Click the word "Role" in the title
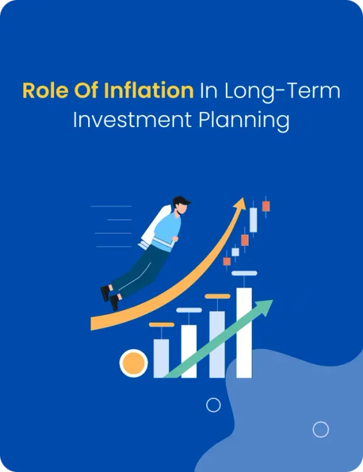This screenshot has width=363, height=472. click(x=42, y=91)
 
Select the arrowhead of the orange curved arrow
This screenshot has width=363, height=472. click(x=240, y=204)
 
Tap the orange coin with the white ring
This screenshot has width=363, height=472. click(x=133, y=363)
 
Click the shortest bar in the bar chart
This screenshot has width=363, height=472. click(x=161, y=358)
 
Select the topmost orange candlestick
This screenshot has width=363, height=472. click(x=266, y=205)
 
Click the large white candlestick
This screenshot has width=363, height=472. click(x=254, y=220)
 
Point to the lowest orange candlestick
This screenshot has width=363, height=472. click(x=226, y=261)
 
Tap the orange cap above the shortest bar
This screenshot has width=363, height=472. click(x=161, y=325)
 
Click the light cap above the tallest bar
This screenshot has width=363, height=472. click(x=244, y=273)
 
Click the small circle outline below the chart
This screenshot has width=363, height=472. click(x=214, y=405)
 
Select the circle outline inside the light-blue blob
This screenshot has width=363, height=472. click(x=321, y=429)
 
